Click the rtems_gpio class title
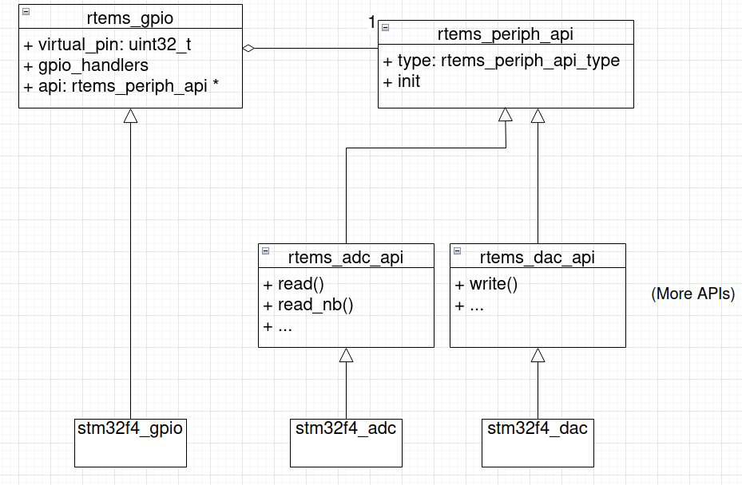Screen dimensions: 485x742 click(x=130, y=17)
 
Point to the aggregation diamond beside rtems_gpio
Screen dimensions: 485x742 click(x=248, y=49)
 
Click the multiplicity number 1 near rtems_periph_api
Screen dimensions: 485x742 click(x=371, y=22)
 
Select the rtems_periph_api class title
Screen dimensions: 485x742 click(x=506, y=34)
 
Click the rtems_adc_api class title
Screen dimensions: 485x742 click(x=346, y=257)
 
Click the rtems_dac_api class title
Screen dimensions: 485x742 click(x=538, y=257)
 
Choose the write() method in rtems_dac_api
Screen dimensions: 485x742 click(x=486, y=285)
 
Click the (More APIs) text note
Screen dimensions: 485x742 click(x=692, y=294)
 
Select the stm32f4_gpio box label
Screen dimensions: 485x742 click(x=130, y=428)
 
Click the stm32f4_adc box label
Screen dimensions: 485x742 click(x=346, y=428)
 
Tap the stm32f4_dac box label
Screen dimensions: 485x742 click(x=538, y=428)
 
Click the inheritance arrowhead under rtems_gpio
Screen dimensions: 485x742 click(x=130, y=116)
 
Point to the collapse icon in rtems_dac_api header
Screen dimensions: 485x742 click(x=458, y=250)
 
